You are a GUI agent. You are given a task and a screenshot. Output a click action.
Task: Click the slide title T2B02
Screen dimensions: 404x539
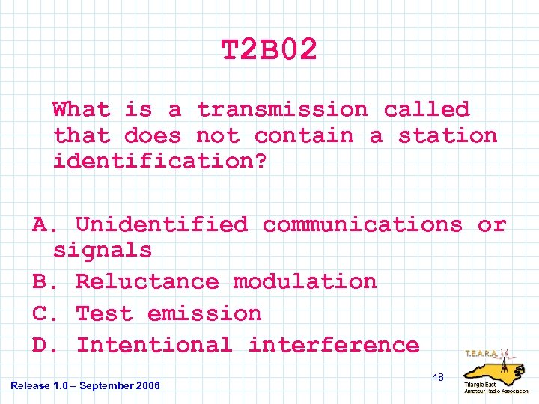pyautogui.click(x=269, y=51)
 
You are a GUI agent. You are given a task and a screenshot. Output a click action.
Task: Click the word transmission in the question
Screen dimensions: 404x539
pyautogui.click(x=282, y=110)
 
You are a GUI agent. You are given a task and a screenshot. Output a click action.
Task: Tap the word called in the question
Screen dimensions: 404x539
pyautogui.click(x=426, y=110)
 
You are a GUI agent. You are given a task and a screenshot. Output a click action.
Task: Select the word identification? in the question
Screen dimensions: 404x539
pyautogui.click(x=159, y=162)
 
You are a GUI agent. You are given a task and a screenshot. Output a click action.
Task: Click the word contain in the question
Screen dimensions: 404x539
pyautogui.click(x=303, y=136)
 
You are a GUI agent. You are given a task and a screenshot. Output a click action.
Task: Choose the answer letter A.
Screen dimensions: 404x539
pyautogui.click(x=43, y=224)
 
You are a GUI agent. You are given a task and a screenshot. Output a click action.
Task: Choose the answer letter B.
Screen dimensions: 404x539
pyautogui.click(x=43, y=282)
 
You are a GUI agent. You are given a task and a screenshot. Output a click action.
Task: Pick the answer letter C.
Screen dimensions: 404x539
pyautogui.click(x=43, y=313)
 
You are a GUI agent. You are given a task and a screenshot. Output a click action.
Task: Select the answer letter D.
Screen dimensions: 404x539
pyautogui.click(x=43, y=345)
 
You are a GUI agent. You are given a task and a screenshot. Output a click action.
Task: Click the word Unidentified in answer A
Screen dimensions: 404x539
pyautogui.click(x=161, y=224)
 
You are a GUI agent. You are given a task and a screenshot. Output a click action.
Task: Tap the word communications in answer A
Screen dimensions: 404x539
pyautogui.click(x=362, y=224)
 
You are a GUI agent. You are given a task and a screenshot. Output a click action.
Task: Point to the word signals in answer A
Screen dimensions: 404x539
pyautogui.click(x=103, y=250)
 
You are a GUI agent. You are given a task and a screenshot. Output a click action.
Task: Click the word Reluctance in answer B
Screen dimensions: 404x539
pyautogui.click(x=147, y=282)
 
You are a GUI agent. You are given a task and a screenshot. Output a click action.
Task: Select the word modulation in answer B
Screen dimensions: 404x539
pyautogui.click(x=305, y=282)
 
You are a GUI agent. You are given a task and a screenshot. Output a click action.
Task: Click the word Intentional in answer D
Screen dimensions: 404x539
pyautogui.click(x=154, y=345)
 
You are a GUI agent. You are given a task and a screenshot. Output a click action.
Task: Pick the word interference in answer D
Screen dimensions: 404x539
pyautogui.click(x=334, y=345)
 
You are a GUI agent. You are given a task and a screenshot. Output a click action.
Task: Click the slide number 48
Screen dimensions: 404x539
pyautogui.click(x=437, y=377)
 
